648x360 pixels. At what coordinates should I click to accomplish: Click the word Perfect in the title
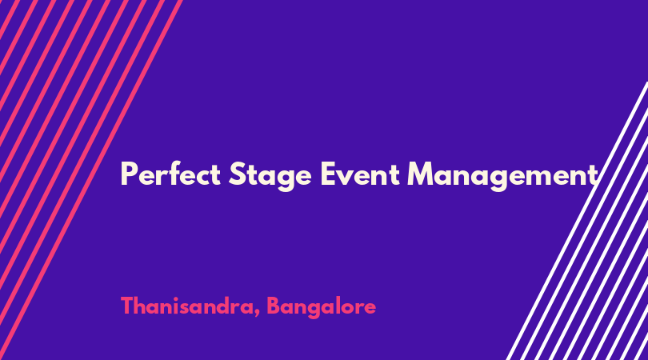(170, 174)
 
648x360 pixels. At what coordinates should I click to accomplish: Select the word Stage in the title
(270, 176)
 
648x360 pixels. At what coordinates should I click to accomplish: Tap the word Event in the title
(360, 174)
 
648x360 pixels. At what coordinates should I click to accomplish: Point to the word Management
(502, 176)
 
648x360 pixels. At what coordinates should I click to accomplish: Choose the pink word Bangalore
(321, 307)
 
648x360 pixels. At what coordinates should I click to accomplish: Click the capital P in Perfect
(129, 174)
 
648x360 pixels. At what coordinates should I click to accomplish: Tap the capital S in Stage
(238, 174)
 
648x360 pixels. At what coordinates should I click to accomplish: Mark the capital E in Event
(328, 174)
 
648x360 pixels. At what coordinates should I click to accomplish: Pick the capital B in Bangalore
(273, 306)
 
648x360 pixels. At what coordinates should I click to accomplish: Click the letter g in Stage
(286, 180)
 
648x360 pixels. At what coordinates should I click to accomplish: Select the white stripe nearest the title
(578, 221)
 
